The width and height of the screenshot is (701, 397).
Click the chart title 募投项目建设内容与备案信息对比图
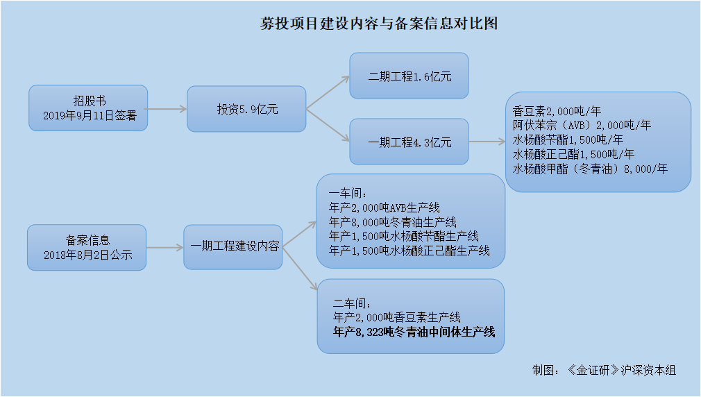tap(379, 23)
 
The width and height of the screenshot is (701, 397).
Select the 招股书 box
tap(88, 108)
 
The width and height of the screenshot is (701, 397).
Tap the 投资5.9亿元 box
tap(246, 109)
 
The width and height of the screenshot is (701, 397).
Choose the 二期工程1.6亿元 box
tap(409, 76)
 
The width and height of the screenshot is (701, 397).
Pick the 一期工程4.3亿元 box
tap(409, 142)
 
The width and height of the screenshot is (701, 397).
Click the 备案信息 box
tap(87, 248)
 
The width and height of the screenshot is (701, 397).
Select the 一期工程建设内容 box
tap(233, 247)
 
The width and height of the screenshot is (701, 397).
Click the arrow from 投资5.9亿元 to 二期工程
tap(328, 92)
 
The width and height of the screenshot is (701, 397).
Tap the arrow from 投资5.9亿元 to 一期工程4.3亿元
tap(328, 125)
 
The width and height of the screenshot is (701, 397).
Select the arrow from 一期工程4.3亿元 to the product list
tap(487, 142)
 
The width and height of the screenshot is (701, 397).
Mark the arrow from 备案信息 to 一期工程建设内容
tap(165, 248)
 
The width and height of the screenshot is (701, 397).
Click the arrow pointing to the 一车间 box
tap(300, 234)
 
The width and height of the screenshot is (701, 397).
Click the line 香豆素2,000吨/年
tap(557, 111)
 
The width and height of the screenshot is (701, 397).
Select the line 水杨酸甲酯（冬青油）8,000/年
tap(590, 169)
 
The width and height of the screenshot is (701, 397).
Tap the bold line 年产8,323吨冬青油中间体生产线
tap(414, 332)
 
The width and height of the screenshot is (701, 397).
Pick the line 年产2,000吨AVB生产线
tap(385, 208)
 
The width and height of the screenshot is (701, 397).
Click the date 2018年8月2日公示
tap(87, 255)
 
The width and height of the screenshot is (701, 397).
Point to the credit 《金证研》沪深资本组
tap(622, 370)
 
